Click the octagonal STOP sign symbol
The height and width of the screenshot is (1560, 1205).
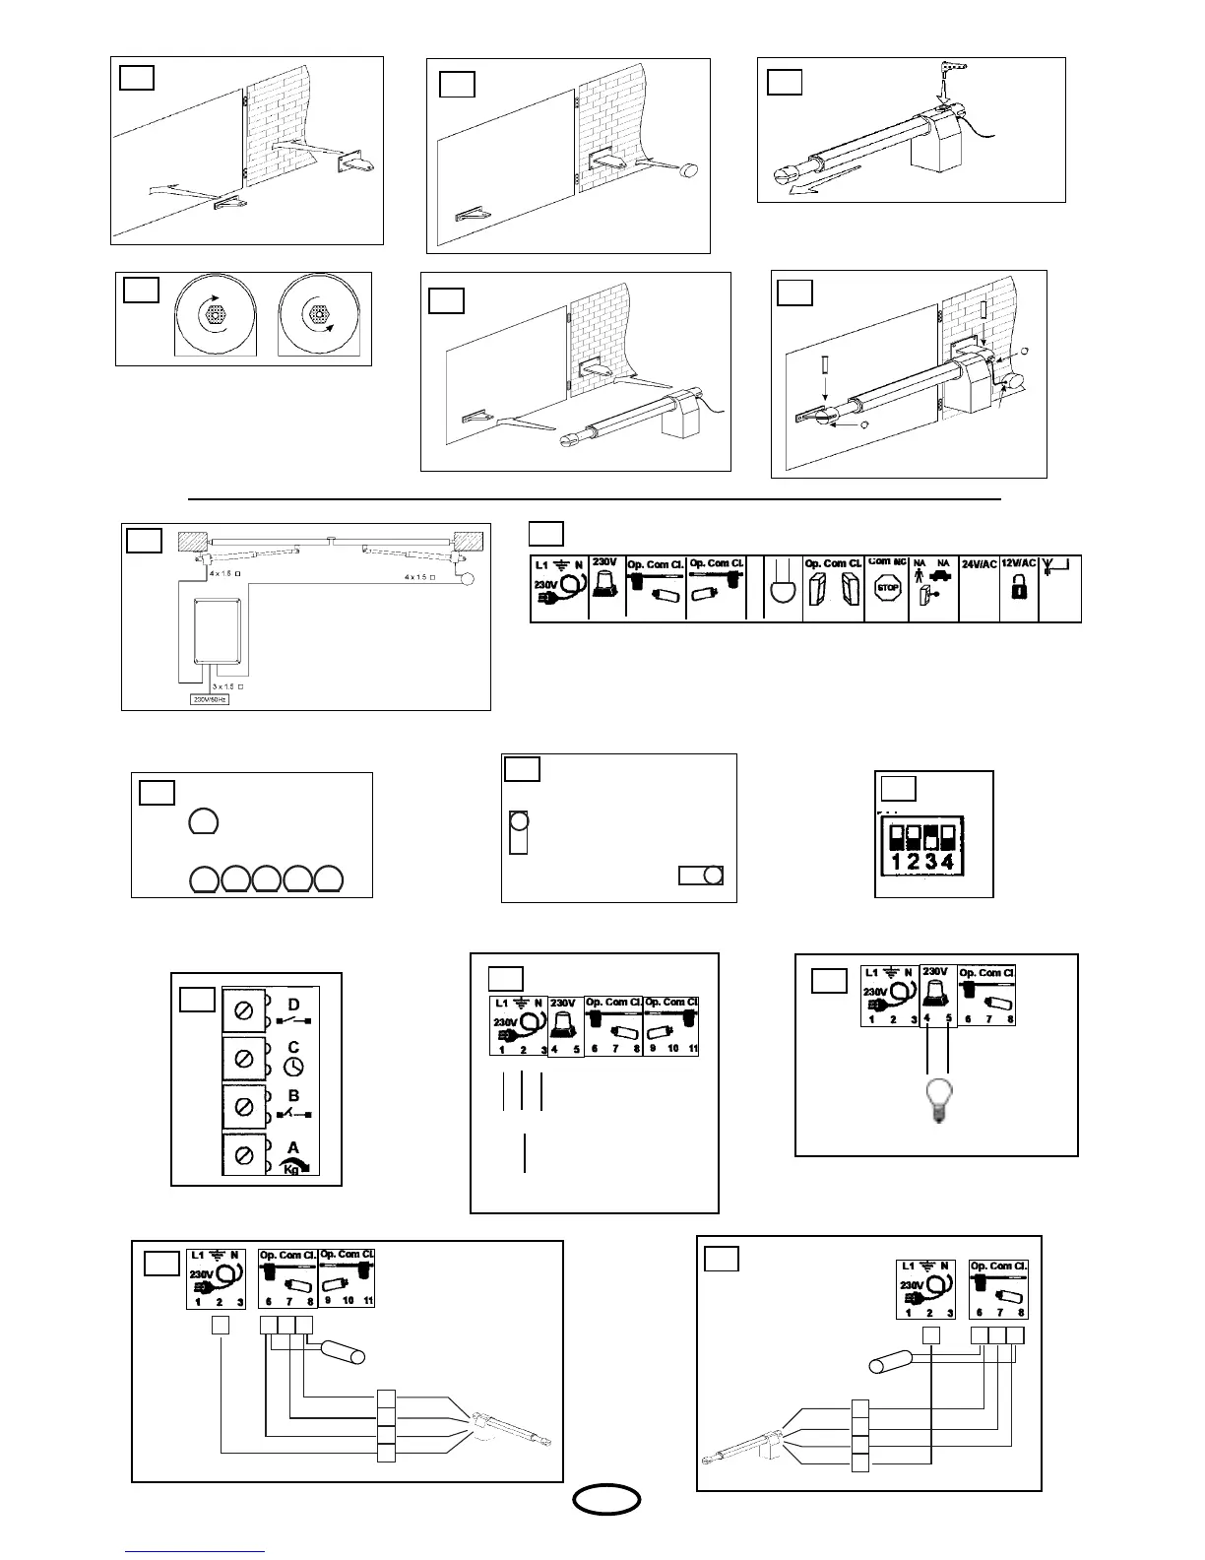click(x=888, y=589)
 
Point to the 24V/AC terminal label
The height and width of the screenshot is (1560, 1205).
click(x=979, y=564)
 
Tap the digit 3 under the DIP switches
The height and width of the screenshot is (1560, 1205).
click(x=930, y=863)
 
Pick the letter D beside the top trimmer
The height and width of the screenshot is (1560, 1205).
click(x=293, y=1005)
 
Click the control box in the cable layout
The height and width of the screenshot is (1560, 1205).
click(x=223, y=629)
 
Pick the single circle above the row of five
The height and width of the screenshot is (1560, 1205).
click(x=203, y=821)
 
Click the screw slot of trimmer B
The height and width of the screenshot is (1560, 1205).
click(x=243, y=1106)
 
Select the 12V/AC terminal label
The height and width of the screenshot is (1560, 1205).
click(x=1020, y=564)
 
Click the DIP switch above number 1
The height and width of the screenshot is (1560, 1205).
click(x=898, y=838)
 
